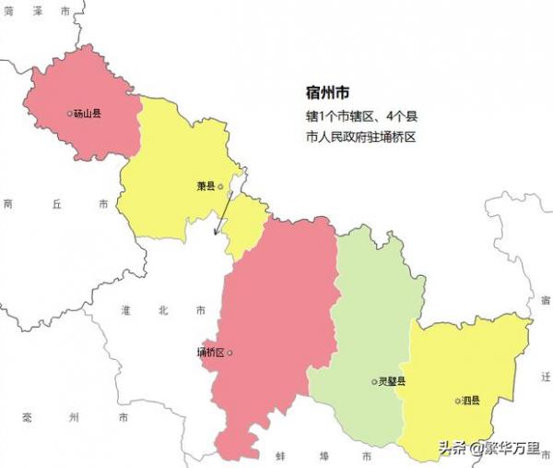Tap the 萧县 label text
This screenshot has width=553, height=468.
206,186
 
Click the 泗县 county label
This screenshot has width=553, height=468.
470,401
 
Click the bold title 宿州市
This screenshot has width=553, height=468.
327,92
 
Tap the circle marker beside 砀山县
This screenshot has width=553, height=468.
70,114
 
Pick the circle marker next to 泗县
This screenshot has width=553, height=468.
456,401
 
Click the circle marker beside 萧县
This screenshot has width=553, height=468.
220,186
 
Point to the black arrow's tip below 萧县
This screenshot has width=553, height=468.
215,236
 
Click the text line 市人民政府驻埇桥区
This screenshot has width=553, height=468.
362,137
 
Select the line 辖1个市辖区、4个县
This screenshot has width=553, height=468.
362,117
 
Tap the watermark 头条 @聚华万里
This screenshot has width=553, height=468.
490,449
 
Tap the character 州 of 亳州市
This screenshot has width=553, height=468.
72,418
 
